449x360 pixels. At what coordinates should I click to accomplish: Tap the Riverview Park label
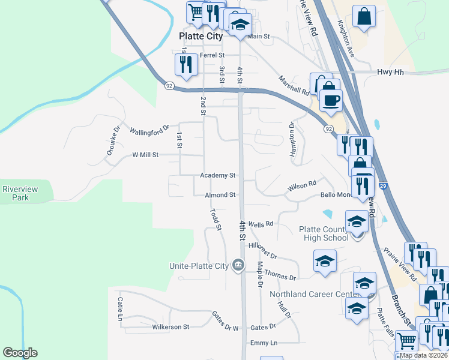(x=20, y=193)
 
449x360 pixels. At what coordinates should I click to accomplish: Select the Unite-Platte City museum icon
(x=238, y=265)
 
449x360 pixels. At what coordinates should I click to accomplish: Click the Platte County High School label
(x=324, y=233)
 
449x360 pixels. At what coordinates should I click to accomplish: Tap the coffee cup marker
(x=331, y=100)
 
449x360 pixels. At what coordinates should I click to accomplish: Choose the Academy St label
(x=218, y=176)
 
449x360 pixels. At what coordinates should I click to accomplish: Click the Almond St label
(x=220, y=195)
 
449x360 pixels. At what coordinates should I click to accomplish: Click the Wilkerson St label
(x=170, y=327)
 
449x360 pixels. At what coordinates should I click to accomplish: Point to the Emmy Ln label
(x=264, y=343)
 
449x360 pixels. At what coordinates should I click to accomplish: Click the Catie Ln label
(x=121, y=308)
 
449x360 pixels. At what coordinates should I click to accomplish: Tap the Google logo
(x=20, y=353)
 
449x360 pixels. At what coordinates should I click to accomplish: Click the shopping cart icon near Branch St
(x=408, y=340)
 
